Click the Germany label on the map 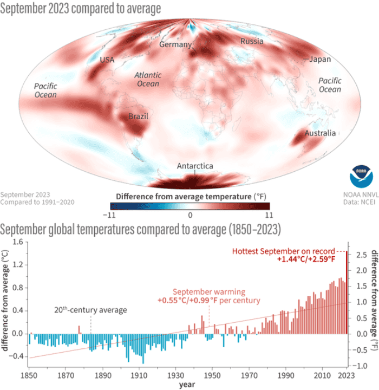point(175,44)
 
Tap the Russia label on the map point(252,41)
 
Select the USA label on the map point(107,60)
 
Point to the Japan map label point(320,59)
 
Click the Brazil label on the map point(138,116)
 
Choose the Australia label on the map point(320,133)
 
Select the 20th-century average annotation point(90,310)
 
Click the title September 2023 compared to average point(81,9)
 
